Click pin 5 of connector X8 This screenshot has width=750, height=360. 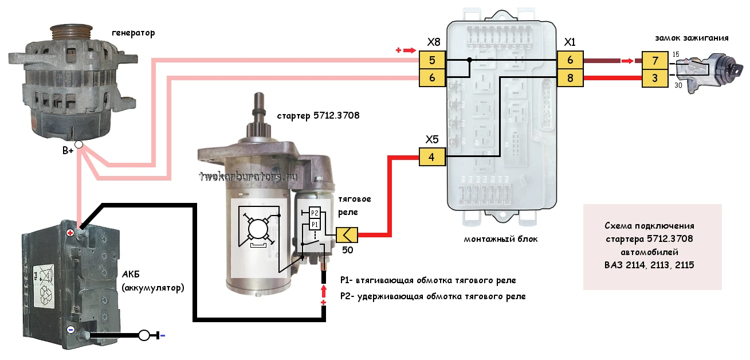tap(432, 60)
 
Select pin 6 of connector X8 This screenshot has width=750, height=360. tap(432, 78)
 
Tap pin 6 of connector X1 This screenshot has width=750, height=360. tap(570, 60)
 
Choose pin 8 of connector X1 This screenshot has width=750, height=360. tap(570, 78)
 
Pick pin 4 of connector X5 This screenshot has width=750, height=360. tap(432, 156)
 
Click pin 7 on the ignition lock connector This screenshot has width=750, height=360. tap(655, 61)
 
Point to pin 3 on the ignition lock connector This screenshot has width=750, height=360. tap(655, 79)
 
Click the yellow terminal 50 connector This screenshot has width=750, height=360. tap(347, 235)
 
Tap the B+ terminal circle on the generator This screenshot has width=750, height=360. tap(78, 144)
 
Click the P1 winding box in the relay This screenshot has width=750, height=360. tap(315, 224)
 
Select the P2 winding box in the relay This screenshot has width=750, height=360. tap(315, 213)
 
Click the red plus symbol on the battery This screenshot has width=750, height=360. tap(70, 233)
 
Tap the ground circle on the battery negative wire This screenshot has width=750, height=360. tap(144, 335)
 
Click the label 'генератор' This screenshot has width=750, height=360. tap(133, 33)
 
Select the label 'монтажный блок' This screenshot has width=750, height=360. tap(501, 239)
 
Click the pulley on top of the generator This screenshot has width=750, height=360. tap(70, 33)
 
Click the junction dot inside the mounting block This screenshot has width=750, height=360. tap(469, 60)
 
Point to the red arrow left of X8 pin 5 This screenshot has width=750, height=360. tap(410, 50)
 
